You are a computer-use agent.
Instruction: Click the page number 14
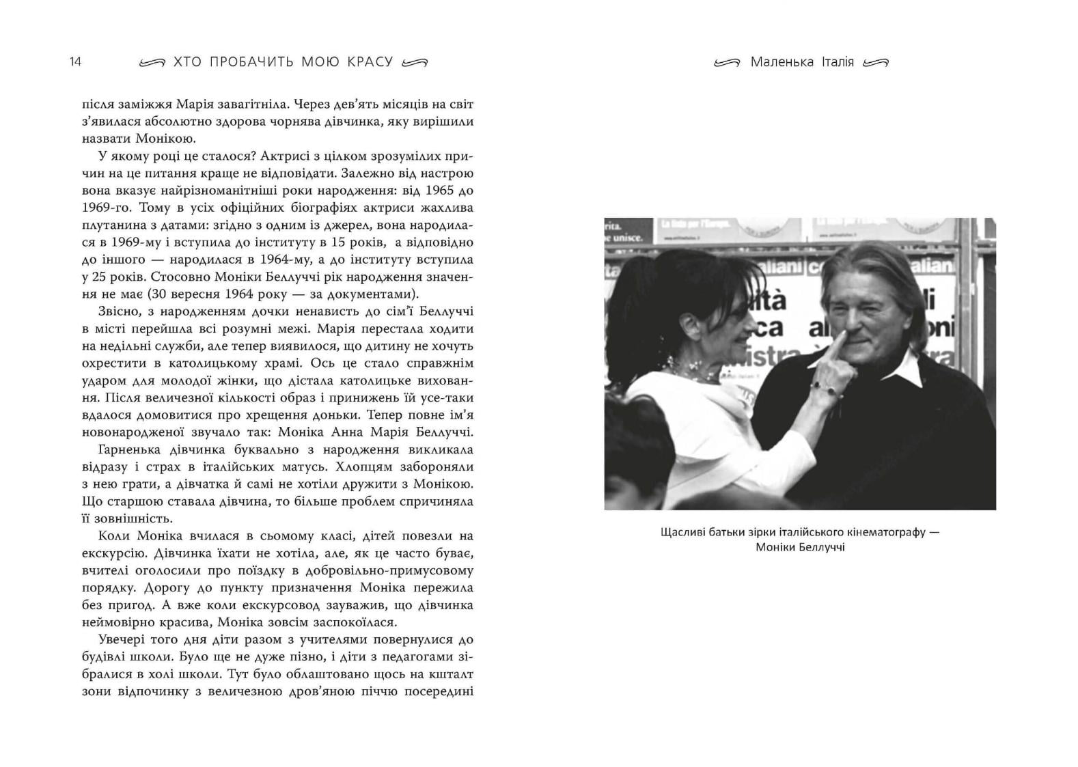tap(75, 61)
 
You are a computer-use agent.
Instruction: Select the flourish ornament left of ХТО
tap(152, 62)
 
